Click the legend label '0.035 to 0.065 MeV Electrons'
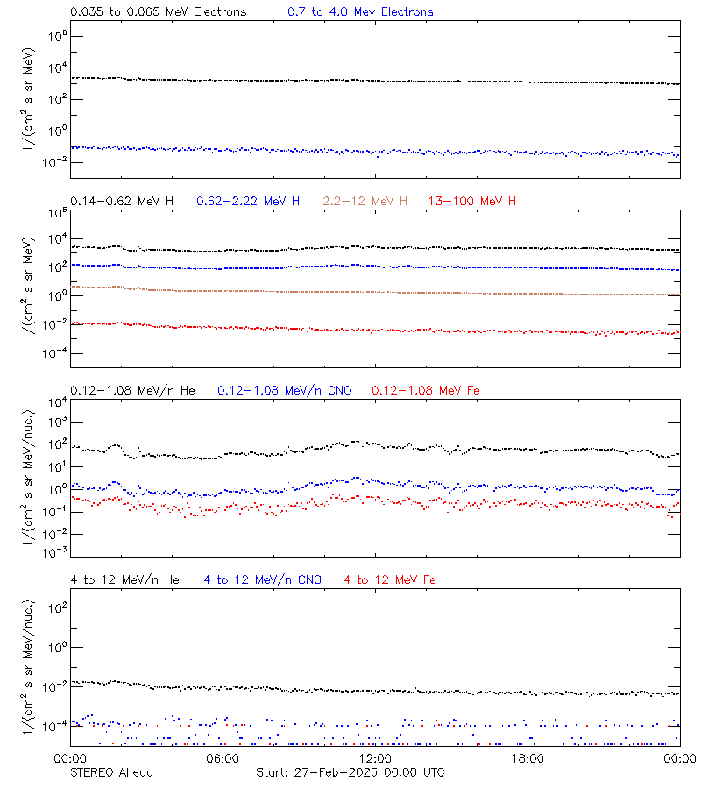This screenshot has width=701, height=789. [158, 12]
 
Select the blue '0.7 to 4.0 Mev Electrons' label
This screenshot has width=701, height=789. [360, 12]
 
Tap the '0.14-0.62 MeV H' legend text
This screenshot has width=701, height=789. [122, 202]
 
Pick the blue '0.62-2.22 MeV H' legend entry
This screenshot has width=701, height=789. [248, 202]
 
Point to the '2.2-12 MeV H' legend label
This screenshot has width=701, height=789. [365, 202]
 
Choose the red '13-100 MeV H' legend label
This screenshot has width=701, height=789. [472, 202]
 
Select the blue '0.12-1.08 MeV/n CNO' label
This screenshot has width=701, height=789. [284, 390]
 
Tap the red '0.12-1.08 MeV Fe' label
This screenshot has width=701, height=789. [426, 390]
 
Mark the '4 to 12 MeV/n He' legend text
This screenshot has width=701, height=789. [124, 579]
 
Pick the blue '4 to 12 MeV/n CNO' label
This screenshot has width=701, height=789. [262, 579]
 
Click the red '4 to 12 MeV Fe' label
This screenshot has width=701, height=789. [390, 579]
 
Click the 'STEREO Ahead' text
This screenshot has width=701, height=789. [111, 772]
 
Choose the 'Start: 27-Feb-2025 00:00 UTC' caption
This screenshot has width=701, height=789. [350, 772]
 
